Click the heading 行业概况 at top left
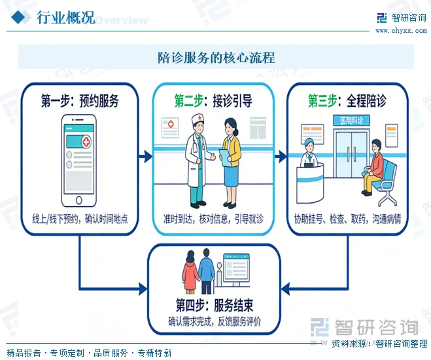click(x=65, y=18)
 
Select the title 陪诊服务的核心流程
click(x=216, y=58)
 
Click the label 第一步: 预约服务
click(x=80, y=101)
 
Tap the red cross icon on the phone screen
click(x=86, y=141)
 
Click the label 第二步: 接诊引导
click(x=213, y=101)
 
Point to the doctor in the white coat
click(x=197, y=157)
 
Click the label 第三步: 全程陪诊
click(x=347, y=101)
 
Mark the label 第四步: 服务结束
click(x=215, y=305)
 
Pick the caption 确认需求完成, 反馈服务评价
click(x=215, y=321)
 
